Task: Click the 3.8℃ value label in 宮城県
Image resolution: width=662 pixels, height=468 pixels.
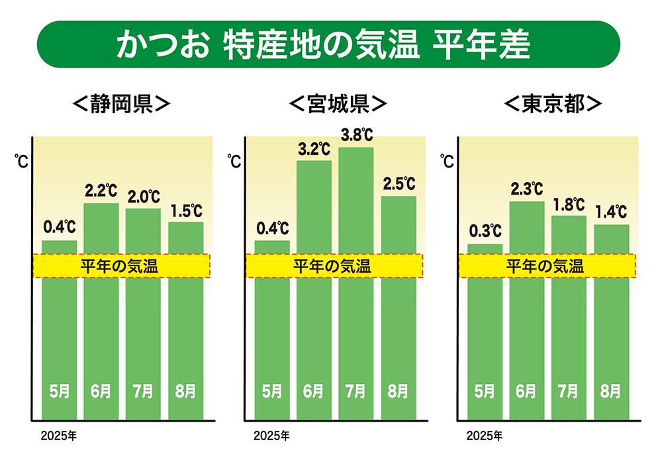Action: pos(356,136)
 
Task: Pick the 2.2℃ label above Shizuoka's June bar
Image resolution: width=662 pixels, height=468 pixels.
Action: pos(101,192)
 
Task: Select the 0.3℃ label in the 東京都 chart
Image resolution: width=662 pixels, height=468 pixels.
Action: pos(485,232)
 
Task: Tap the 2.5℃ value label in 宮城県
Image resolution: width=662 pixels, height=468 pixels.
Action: pos(399,184)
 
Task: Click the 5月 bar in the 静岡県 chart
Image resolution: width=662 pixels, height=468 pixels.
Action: pos(59,331)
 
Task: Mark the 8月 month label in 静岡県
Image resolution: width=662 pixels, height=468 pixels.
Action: pos(186,391)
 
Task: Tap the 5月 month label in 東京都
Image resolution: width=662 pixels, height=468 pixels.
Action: pos(485,391)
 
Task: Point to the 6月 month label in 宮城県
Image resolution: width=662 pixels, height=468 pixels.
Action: pos(313,391)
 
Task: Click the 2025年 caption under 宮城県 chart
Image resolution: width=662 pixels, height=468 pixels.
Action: pos(271,436)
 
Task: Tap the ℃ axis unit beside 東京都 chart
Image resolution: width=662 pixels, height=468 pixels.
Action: pos(448,161)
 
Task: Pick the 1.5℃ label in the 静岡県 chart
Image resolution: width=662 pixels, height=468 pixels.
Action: pos(185,211)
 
